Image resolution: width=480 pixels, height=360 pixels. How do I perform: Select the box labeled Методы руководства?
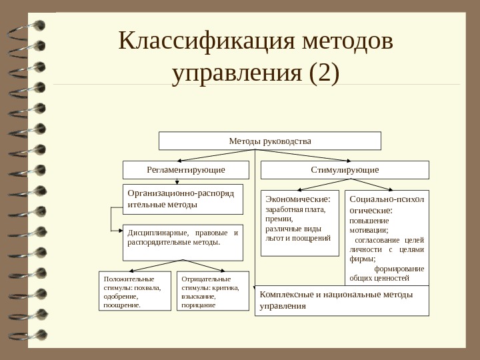[269, 141]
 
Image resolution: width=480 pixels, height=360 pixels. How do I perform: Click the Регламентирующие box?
[185, 170]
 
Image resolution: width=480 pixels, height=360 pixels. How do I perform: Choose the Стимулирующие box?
[344, 170]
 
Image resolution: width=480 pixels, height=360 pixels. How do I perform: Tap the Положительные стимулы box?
[136, 291]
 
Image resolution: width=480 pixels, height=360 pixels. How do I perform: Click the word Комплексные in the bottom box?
[282, 294]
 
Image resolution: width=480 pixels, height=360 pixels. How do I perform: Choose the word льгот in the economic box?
[275, 237]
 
